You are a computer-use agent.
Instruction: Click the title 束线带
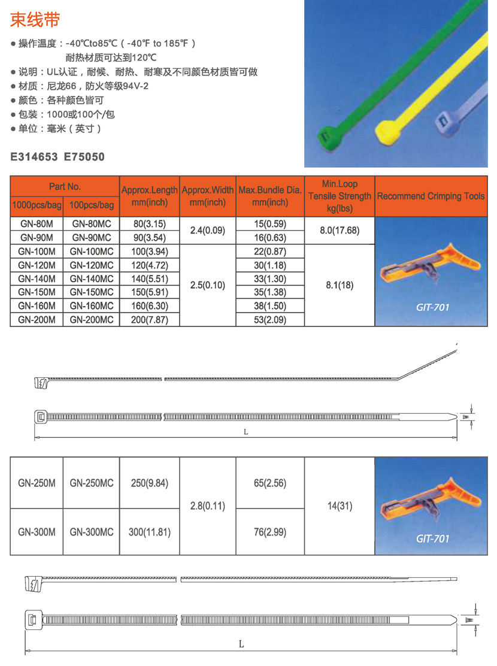point(35,20)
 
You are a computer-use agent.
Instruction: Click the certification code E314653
point(34,157)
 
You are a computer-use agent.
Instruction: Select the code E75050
point(84,157)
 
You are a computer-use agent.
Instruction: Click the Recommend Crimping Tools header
point(431,196)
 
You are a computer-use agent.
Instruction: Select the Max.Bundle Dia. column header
point(270,196)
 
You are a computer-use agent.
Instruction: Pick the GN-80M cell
point(37,224)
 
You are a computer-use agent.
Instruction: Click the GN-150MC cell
point(92,292)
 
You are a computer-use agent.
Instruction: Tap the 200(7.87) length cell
point(150,320)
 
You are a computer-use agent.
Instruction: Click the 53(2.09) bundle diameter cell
point(270,320)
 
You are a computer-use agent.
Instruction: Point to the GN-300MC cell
point(92,531)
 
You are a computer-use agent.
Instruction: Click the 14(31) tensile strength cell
point(340,506)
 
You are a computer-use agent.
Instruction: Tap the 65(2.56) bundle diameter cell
point(270,483)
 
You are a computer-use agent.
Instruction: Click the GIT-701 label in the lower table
point(432,538)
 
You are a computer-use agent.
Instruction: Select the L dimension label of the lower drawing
point(241,644)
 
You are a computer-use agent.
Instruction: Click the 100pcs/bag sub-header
point(92,205)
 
